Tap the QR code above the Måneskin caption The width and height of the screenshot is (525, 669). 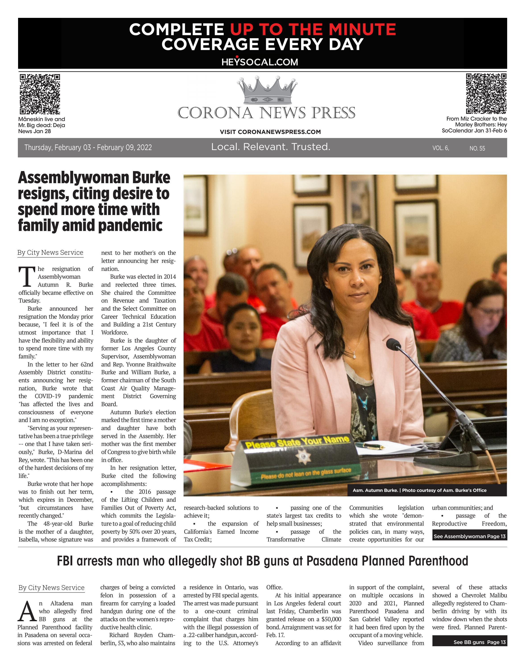pyautogui.click(x=40, y=94)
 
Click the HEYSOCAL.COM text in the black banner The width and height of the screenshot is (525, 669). pyautogui.click(x=260, y=62)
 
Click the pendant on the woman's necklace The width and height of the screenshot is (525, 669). pyautogui.click(x=354, y=356)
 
